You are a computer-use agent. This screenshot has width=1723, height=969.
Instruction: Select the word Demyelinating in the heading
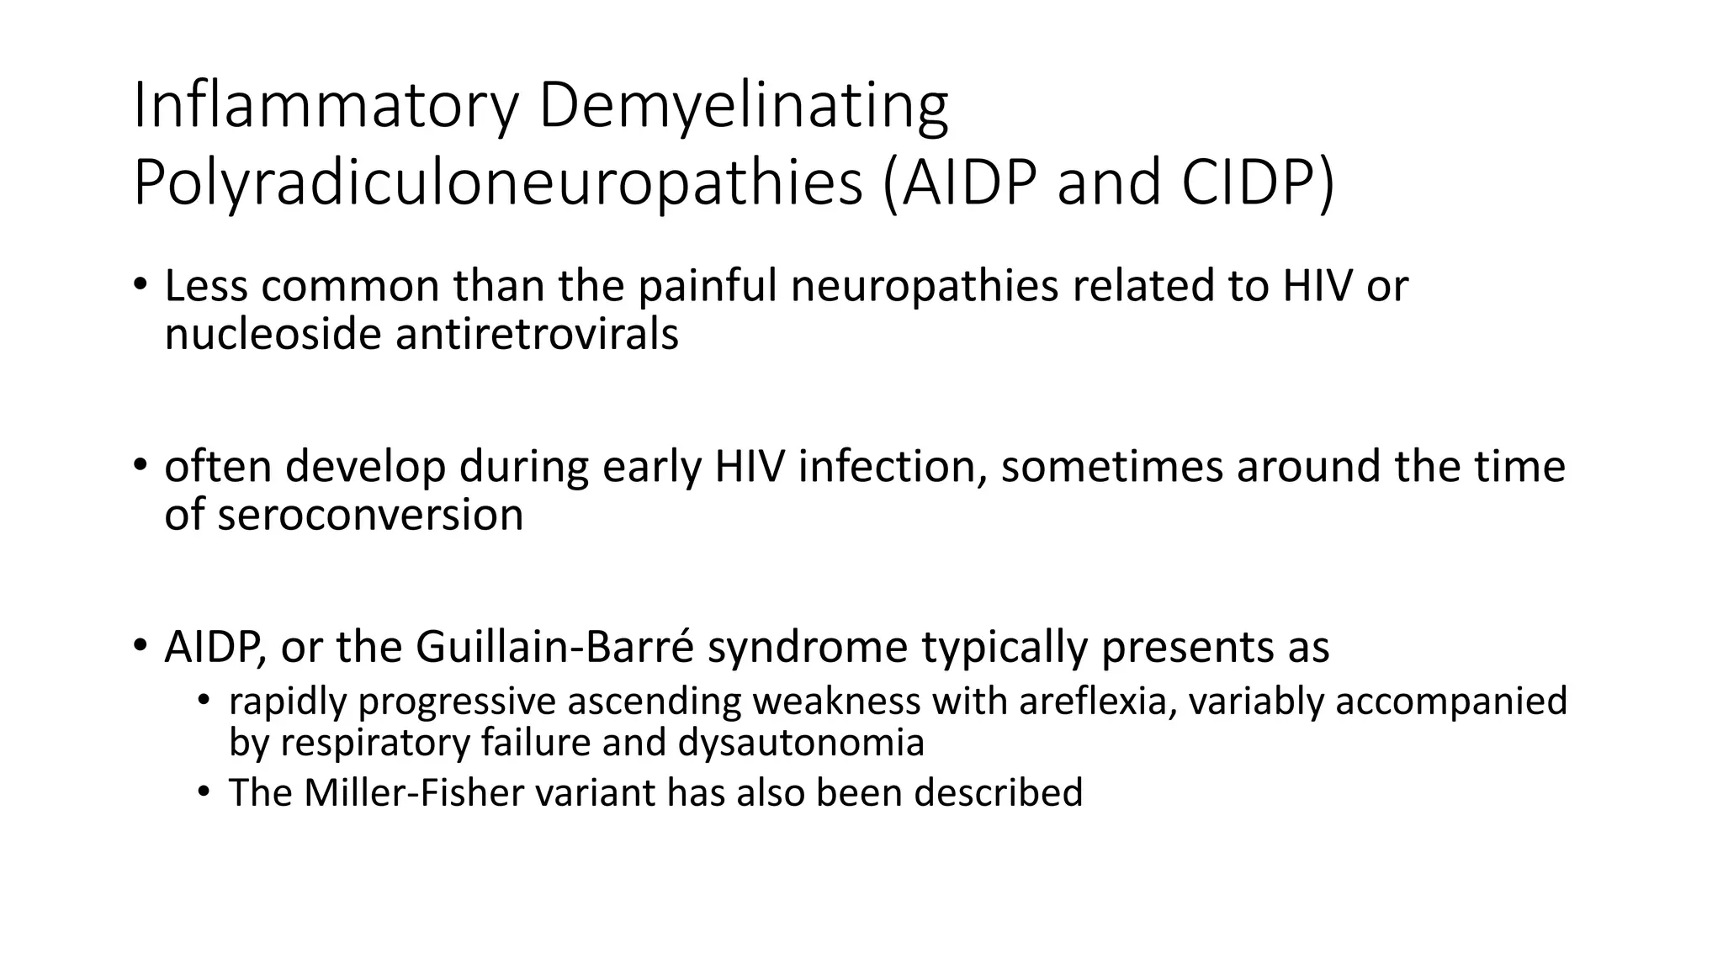[x=743, y=107]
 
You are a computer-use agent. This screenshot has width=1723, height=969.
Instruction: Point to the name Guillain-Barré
[x=554, y=647]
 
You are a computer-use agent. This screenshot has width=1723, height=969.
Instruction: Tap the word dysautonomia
[x=801, y=743]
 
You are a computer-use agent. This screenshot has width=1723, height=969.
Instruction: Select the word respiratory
[x=374, y=743]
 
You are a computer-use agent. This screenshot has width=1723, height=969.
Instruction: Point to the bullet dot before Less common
[x=140, y=284]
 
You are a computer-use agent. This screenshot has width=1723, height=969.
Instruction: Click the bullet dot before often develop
[x=140, y=465]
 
